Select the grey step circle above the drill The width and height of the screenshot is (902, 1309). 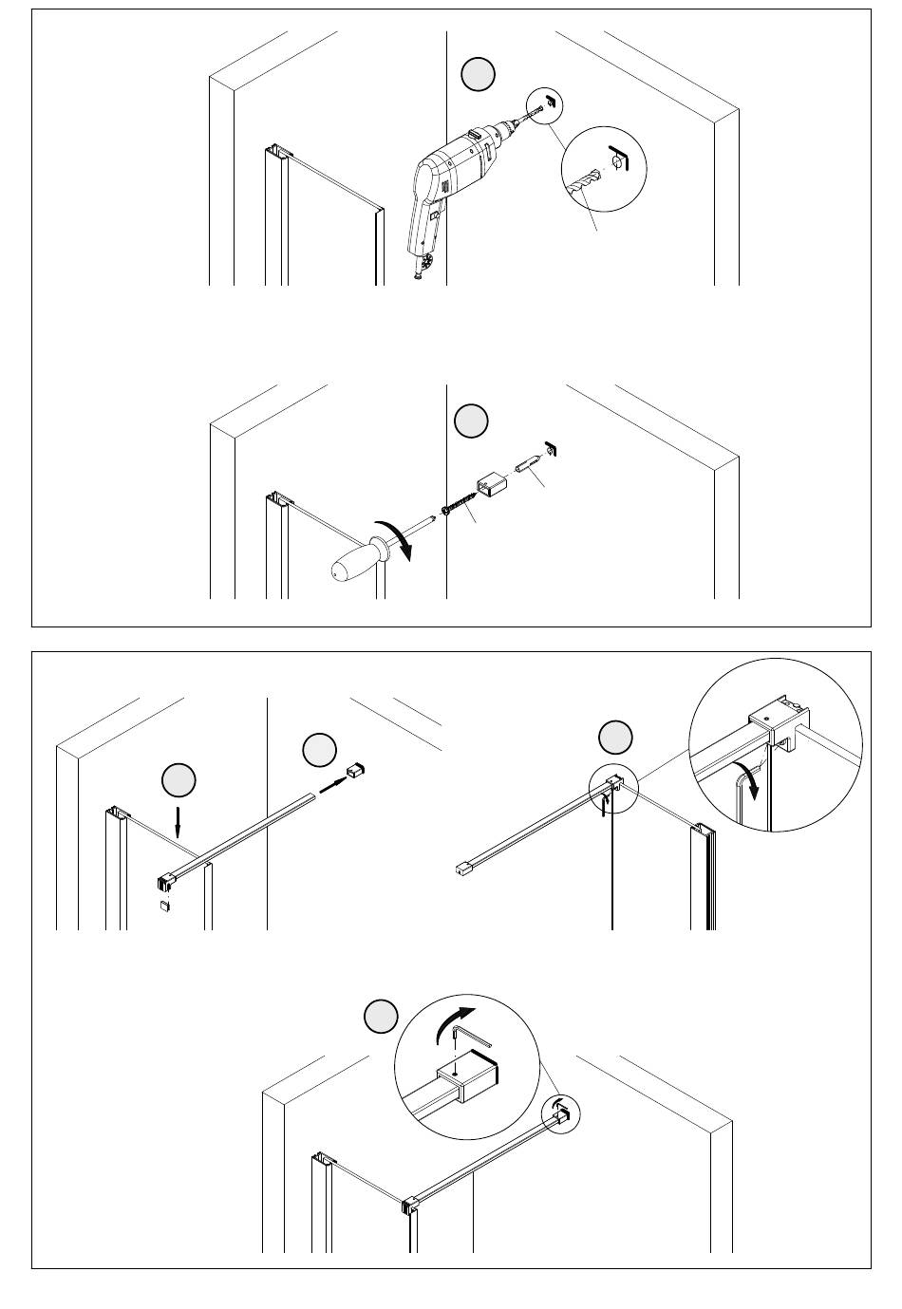pyautogui.click(x=479, y=75)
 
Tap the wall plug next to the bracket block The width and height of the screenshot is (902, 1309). pyautogui.click(x=529, y=466)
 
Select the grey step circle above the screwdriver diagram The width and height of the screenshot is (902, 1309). pyautogui.click(x=471, y=421)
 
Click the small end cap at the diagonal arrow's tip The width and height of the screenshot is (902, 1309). pyautogui.click(x=357, y=769)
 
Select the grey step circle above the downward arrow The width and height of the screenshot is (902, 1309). pyautogui.click(x=179, y=780)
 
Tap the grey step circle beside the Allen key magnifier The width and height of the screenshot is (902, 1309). pyautogui.click(x=381, y=1017)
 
